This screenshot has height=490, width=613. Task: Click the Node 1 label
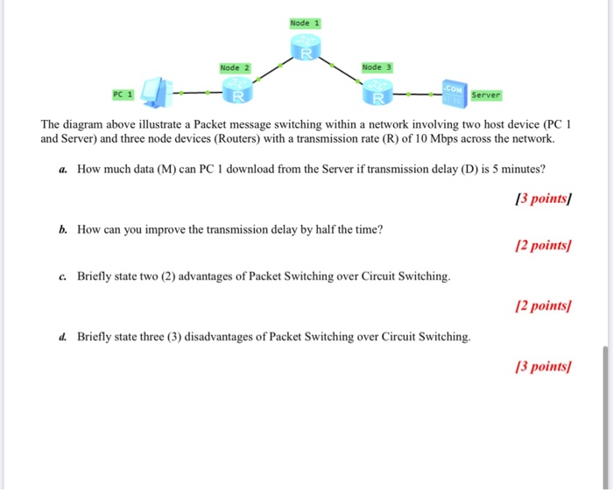click(306, 23)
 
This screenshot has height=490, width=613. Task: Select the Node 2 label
click(235, 67)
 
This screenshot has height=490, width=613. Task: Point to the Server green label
click(485, 94)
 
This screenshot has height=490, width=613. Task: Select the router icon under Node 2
click(235, 90)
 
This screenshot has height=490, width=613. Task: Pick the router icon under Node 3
click(377, 90)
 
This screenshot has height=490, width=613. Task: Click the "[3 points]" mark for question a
click(545, 199)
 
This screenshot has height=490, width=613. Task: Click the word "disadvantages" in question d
click(222, 336)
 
